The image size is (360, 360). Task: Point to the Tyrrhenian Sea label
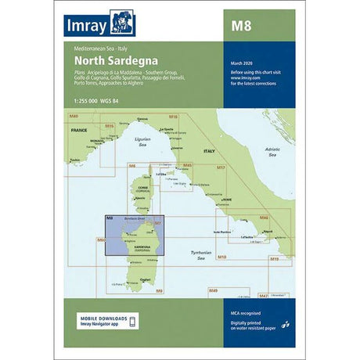[x=202, y=255]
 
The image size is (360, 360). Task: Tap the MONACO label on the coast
[x=97, y=141]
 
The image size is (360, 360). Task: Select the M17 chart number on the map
[x=221, y=167]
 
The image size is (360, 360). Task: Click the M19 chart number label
[x=274, y=257]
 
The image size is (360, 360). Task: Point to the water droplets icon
[x=284, y=325]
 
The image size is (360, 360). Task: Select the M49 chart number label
[x=213, y=291]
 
